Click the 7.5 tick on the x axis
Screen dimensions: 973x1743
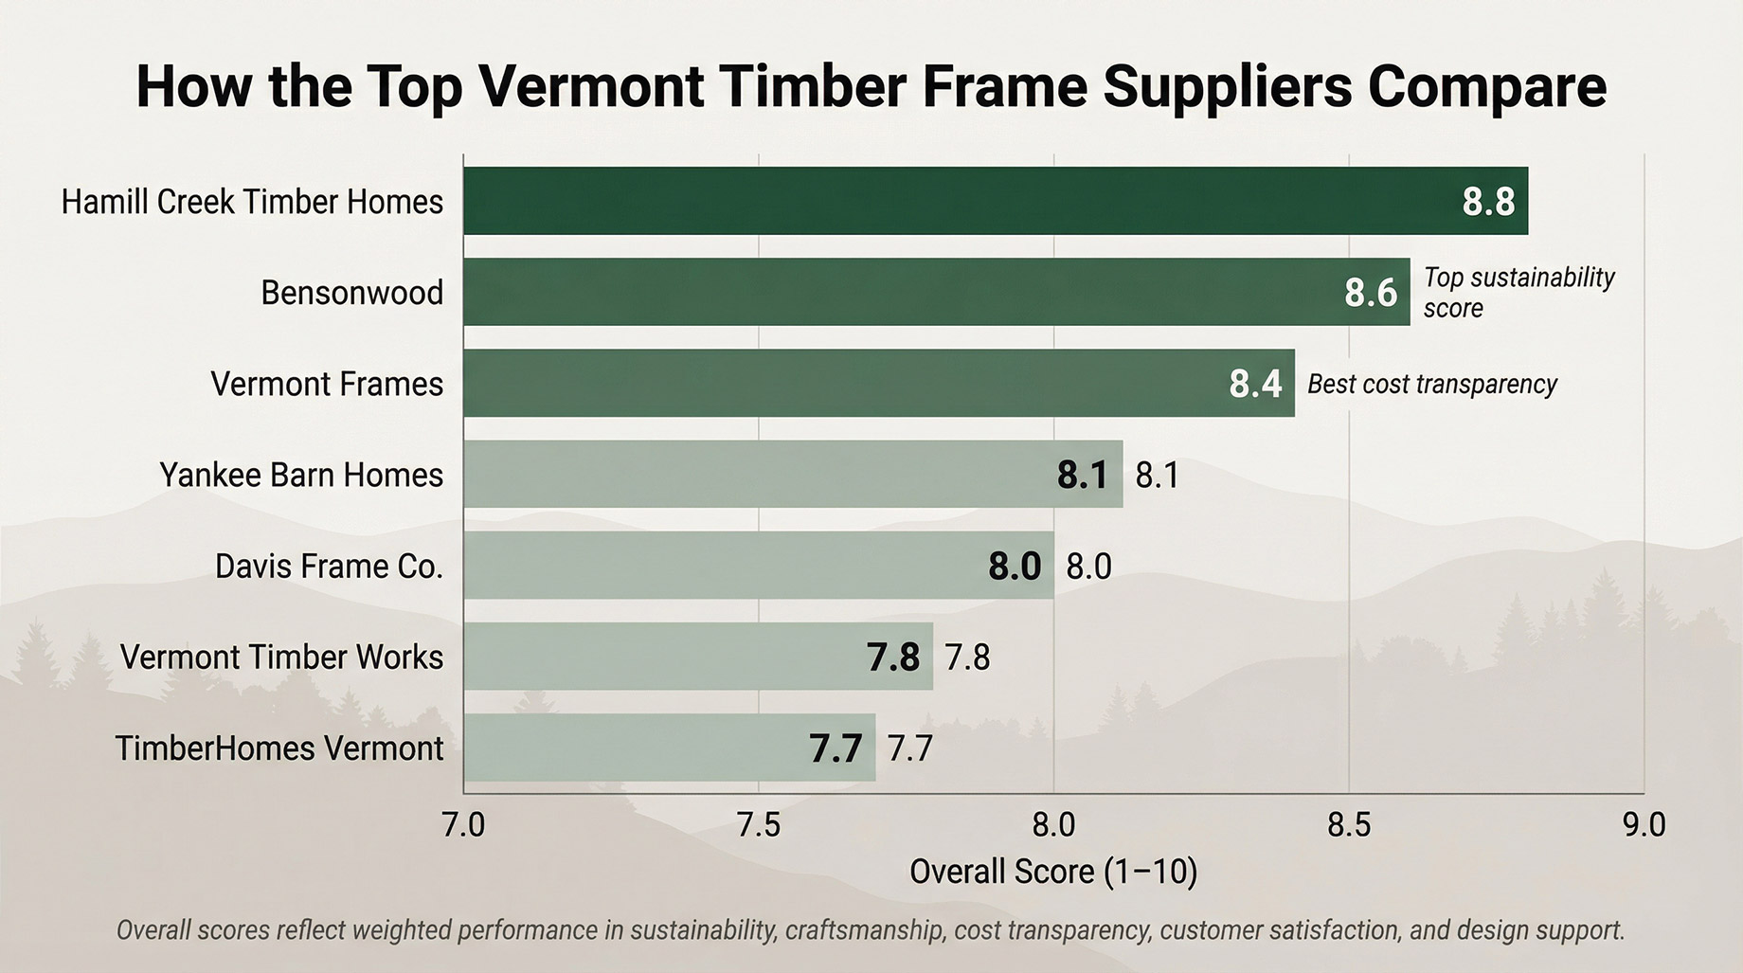759,825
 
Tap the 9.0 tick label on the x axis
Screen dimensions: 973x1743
1644,825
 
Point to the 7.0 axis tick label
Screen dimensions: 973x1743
463,825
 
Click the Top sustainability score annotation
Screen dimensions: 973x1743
1518,292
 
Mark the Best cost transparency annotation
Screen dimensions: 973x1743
1432,384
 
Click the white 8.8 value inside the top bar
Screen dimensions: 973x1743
1488,202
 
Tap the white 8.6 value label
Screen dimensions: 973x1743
1371,293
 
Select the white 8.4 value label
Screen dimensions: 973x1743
1255,384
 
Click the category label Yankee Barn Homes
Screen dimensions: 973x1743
301,475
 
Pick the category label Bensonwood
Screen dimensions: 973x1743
351,293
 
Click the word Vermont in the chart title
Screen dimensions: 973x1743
591,86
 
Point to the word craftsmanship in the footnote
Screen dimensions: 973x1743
864,929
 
